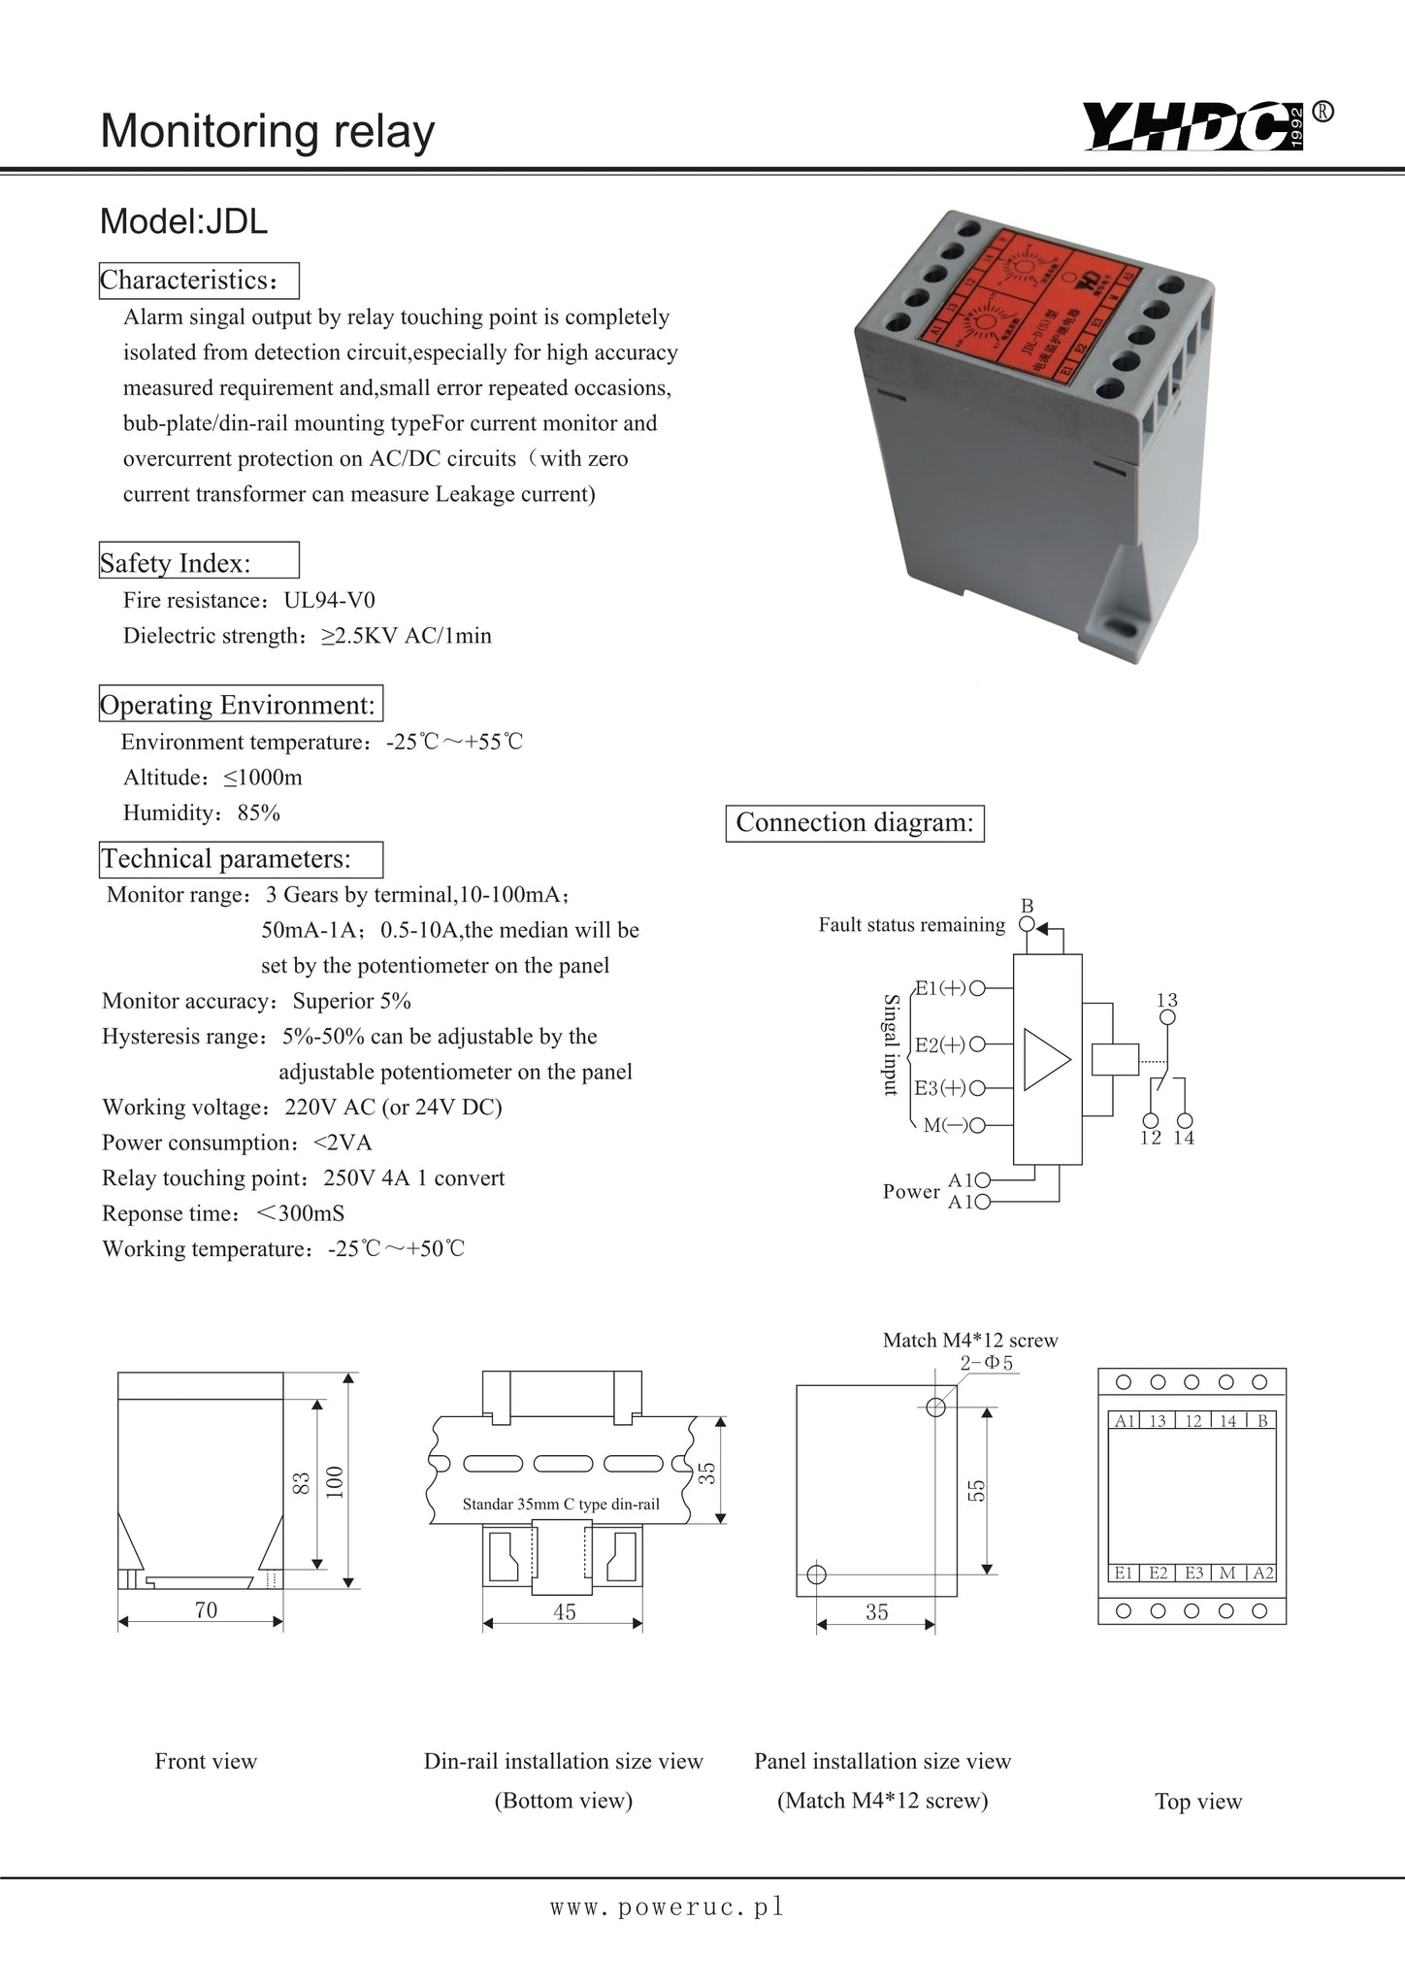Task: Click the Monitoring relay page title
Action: [x=268, y=131]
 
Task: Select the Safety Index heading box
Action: [x=199, y=561]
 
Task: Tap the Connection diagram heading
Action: [x=855, y=823]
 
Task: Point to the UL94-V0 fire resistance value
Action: [x=329, y=600]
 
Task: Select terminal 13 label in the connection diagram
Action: [x=1167, y=1000]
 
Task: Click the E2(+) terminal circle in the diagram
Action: [x=978, y=1044]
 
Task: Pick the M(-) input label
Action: [x=939, y=1126]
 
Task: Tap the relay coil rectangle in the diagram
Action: [x=1114, y=1059]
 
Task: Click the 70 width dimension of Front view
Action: [x=206, y=1609]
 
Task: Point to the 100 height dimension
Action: [x=335, y=1481]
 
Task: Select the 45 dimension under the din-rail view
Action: [x=564, y=1611]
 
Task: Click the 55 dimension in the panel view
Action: [x=977, y=1490]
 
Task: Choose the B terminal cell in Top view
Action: [x=1262, y=1421]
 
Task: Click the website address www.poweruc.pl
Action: [x=667, y=1907]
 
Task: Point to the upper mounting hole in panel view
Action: [x=936, y=1408]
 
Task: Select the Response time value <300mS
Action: [x=301, y=1213]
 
